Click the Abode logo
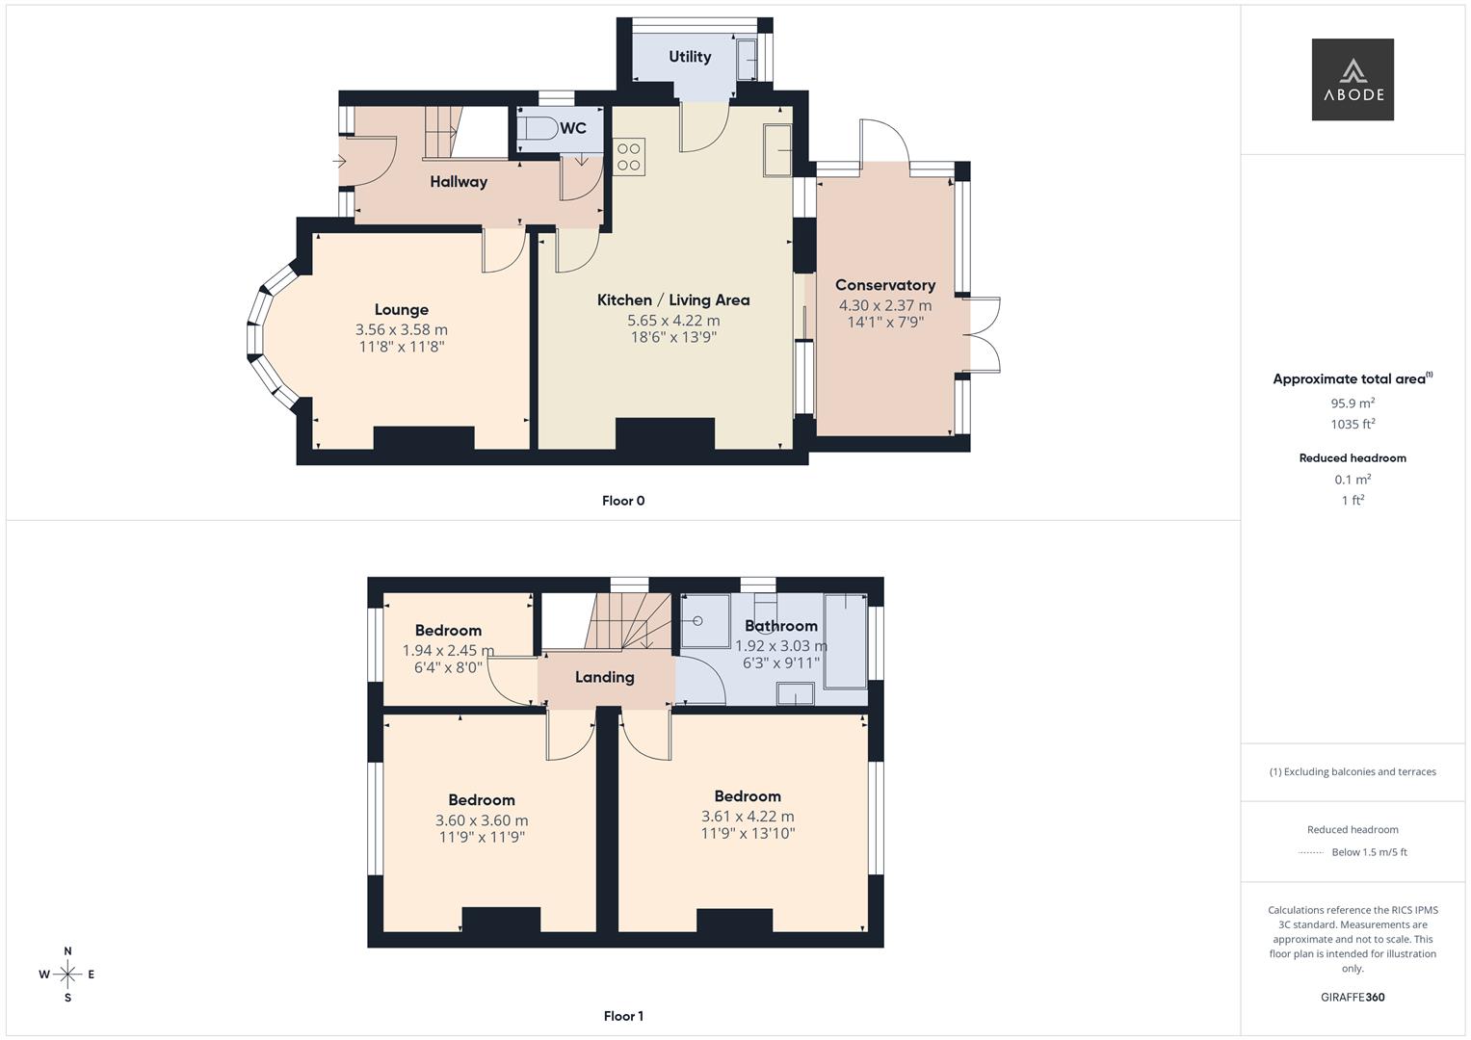(1352, 79)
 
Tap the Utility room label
(690, 57)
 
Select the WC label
(573, 128)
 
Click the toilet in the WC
(538, 130)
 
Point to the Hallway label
(459, 181)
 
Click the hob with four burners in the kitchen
(629, 157)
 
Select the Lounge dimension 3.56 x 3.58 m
(401, 329)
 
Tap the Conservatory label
(884, 285)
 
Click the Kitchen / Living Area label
(673, 299)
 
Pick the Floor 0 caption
(623, 501)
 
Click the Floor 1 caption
(623, 1016)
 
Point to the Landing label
(604, 677)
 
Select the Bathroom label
(780, 626)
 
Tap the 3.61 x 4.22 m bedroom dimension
(748, 817)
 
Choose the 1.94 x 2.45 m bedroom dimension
(448, 651)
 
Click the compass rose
(67, 975)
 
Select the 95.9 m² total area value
(1352, 403)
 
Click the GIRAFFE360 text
(1352, 997)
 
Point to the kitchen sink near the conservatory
(777, 150)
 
